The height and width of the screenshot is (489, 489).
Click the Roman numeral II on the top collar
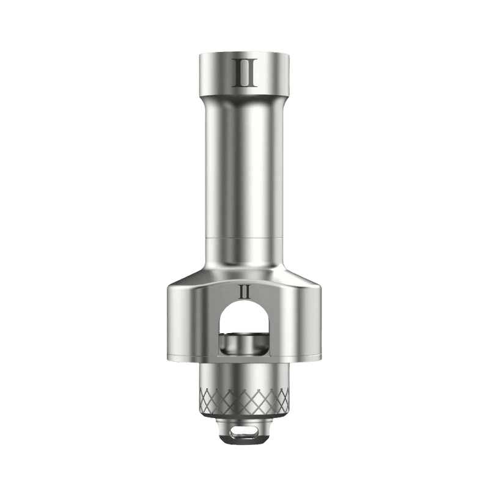click(246, 73)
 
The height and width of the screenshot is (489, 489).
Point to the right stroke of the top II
click(251, 73)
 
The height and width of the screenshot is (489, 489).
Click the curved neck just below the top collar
click(244, 100)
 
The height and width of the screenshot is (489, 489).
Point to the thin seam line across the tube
click(244, 239)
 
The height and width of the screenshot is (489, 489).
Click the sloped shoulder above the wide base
click(244, 276)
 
